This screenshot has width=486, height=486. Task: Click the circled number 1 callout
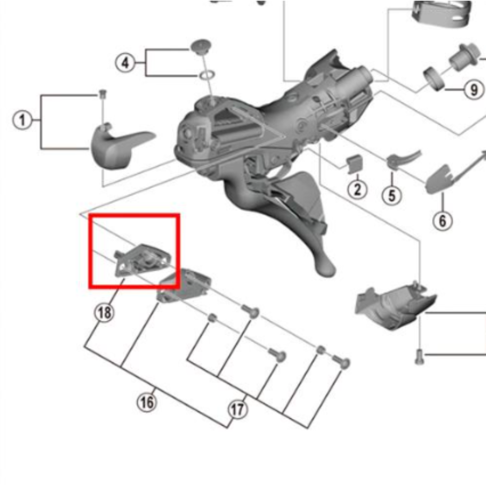22,120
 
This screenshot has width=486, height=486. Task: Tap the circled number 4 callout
125,63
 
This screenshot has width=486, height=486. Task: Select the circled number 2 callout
357,189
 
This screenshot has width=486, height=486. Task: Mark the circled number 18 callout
104,313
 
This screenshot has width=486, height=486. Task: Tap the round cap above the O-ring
201,47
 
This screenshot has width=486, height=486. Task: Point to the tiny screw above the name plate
102,94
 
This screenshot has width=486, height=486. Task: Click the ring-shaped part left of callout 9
434,79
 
